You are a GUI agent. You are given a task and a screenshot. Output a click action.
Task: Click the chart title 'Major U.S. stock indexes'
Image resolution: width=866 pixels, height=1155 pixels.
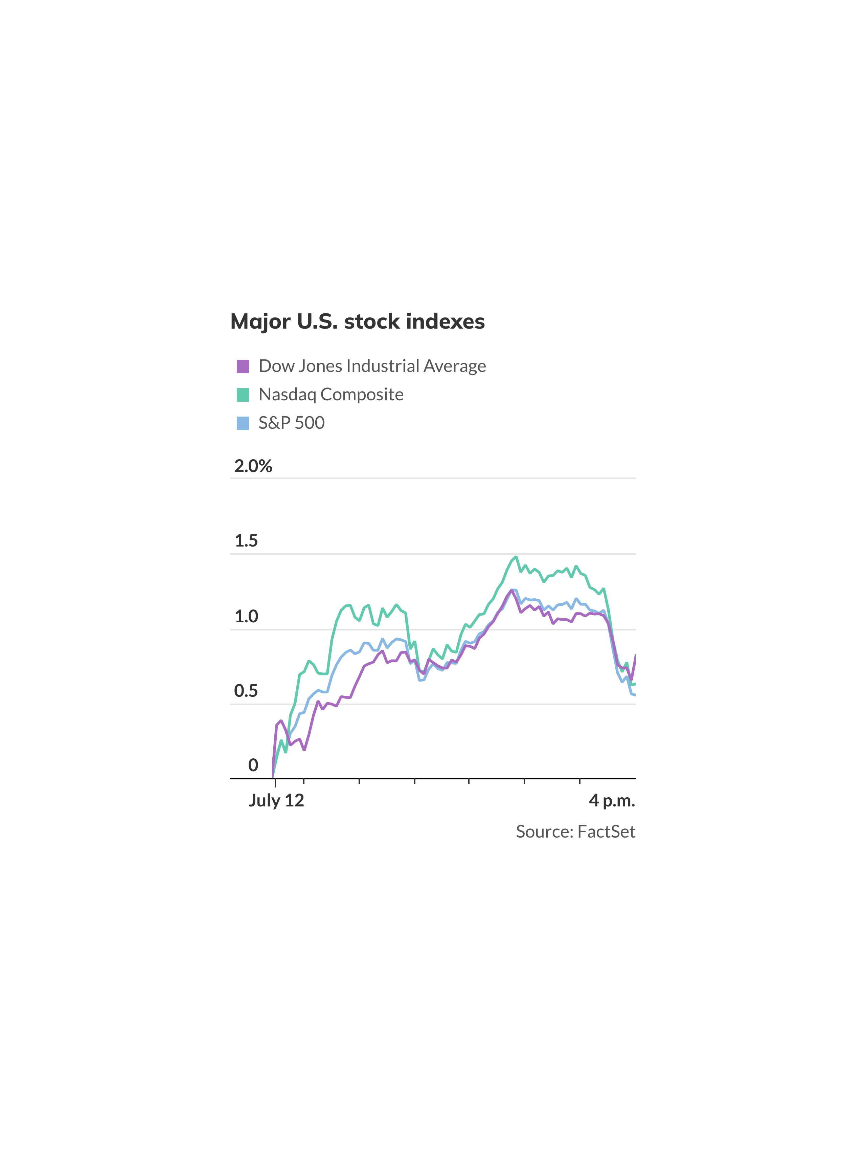pos(358,321)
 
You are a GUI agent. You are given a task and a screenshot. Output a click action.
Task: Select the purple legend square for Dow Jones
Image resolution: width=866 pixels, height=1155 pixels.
pos(243,366)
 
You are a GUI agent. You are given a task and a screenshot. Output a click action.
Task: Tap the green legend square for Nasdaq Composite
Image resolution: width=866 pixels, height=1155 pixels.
pos(243,395)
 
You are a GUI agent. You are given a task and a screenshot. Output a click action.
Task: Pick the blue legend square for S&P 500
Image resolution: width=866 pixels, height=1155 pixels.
pos(243,423)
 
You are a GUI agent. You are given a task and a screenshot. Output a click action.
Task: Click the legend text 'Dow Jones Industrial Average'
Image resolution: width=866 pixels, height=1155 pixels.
pos(372,366)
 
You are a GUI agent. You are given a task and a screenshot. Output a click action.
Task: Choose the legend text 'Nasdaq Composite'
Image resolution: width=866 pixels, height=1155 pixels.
pos(331,395)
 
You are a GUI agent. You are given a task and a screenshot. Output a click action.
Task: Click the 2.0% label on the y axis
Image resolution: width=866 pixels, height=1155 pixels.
pos(253,466)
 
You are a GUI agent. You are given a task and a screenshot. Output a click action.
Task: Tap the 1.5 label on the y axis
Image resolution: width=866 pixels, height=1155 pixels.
pos(246,541)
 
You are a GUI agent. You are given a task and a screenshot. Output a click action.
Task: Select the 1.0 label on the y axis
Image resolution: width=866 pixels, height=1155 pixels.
pos(246,617)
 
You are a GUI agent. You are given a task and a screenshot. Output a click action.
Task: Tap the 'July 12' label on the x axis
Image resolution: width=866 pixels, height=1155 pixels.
pos(276,800)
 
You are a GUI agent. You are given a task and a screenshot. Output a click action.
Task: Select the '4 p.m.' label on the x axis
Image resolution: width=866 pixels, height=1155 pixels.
pos(612,800)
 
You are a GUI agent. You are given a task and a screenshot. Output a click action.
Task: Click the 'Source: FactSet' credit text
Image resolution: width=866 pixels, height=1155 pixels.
pos(575,831)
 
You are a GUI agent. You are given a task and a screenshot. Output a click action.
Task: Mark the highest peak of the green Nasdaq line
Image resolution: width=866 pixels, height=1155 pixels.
pos(516,557)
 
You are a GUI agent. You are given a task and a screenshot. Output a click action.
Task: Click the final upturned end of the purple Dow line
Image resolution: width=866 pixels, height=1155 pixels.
pos(635,656)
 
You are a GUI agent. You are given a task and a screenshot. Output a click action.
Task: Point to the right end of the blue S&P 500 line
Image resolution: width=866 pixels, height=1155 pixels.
pos(634,695)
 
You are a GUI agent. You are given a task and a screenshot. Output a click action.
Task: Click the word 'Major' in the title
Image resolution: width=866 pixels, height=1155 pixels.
pos(260,321)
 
